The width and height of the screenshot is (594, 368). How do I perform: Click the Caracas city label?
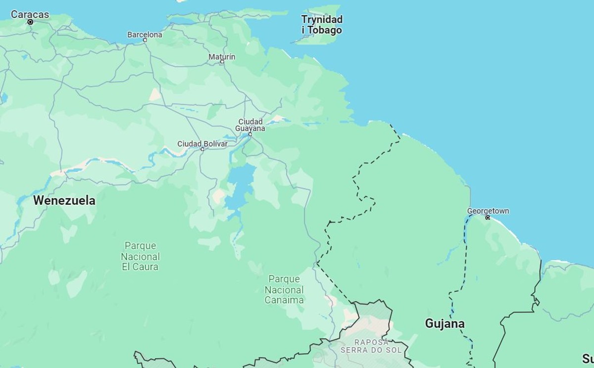pos(30,14)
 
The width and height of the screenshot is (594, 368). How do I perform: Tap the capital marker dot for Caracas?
pos(30,22)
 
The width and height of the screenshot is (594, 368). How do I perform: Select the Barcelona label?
pos(145,35)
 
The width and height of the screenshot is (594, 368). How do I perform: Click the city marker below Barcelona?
pos(145,40)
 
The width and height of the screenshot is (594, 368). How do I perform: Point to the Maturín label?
pos(222,57)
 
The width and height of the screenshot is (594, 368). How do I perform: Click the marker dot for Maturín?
pos(222,62)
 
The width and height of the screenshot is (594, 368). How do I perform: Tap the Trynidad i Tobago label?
pos(322,25)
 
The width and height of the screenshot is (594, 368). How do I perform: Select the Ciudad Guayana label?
pos(250,125)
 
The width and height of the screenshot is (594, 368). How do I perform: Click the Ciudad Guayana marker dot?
pos(250,134)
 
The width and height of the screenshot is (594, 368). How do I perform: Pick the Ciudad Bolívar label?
pos(202,144)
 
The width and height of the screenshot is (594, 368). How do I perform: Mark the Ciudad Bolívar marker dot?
pos(202,149)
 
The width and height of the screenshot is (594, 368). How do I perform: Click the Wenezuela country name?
pos(64,200)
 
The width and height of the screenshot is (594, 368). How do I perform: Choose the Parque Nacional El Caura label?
pos(140,256)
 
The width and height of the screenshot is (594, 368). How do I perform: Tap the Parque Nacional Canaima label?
pos(284,289)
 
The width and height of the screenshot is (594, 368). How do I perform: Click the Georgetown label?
pos(488,211)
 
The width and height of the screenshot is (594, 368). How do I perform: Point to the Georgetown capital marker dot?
pos(488,218)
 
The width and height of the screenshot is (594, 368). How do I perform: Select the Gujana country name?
pos(445,323)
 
